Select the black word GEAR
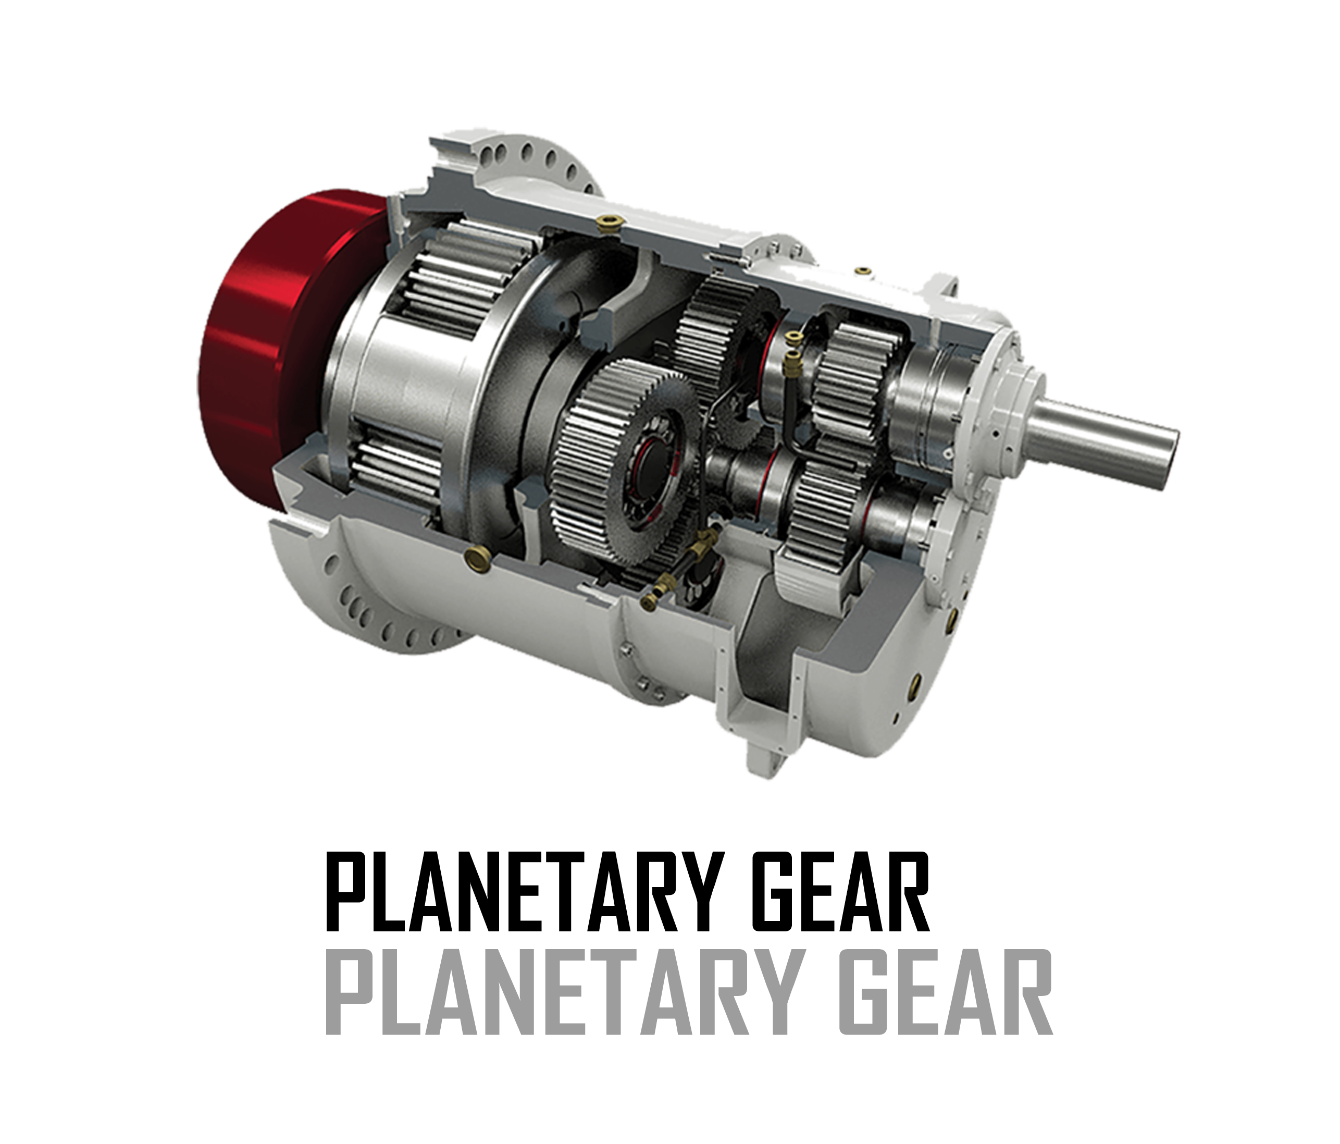tap(841, 892)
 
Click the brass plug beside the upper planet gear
tap(607, 223)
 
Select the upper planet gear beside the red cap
tap(453, 278)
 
